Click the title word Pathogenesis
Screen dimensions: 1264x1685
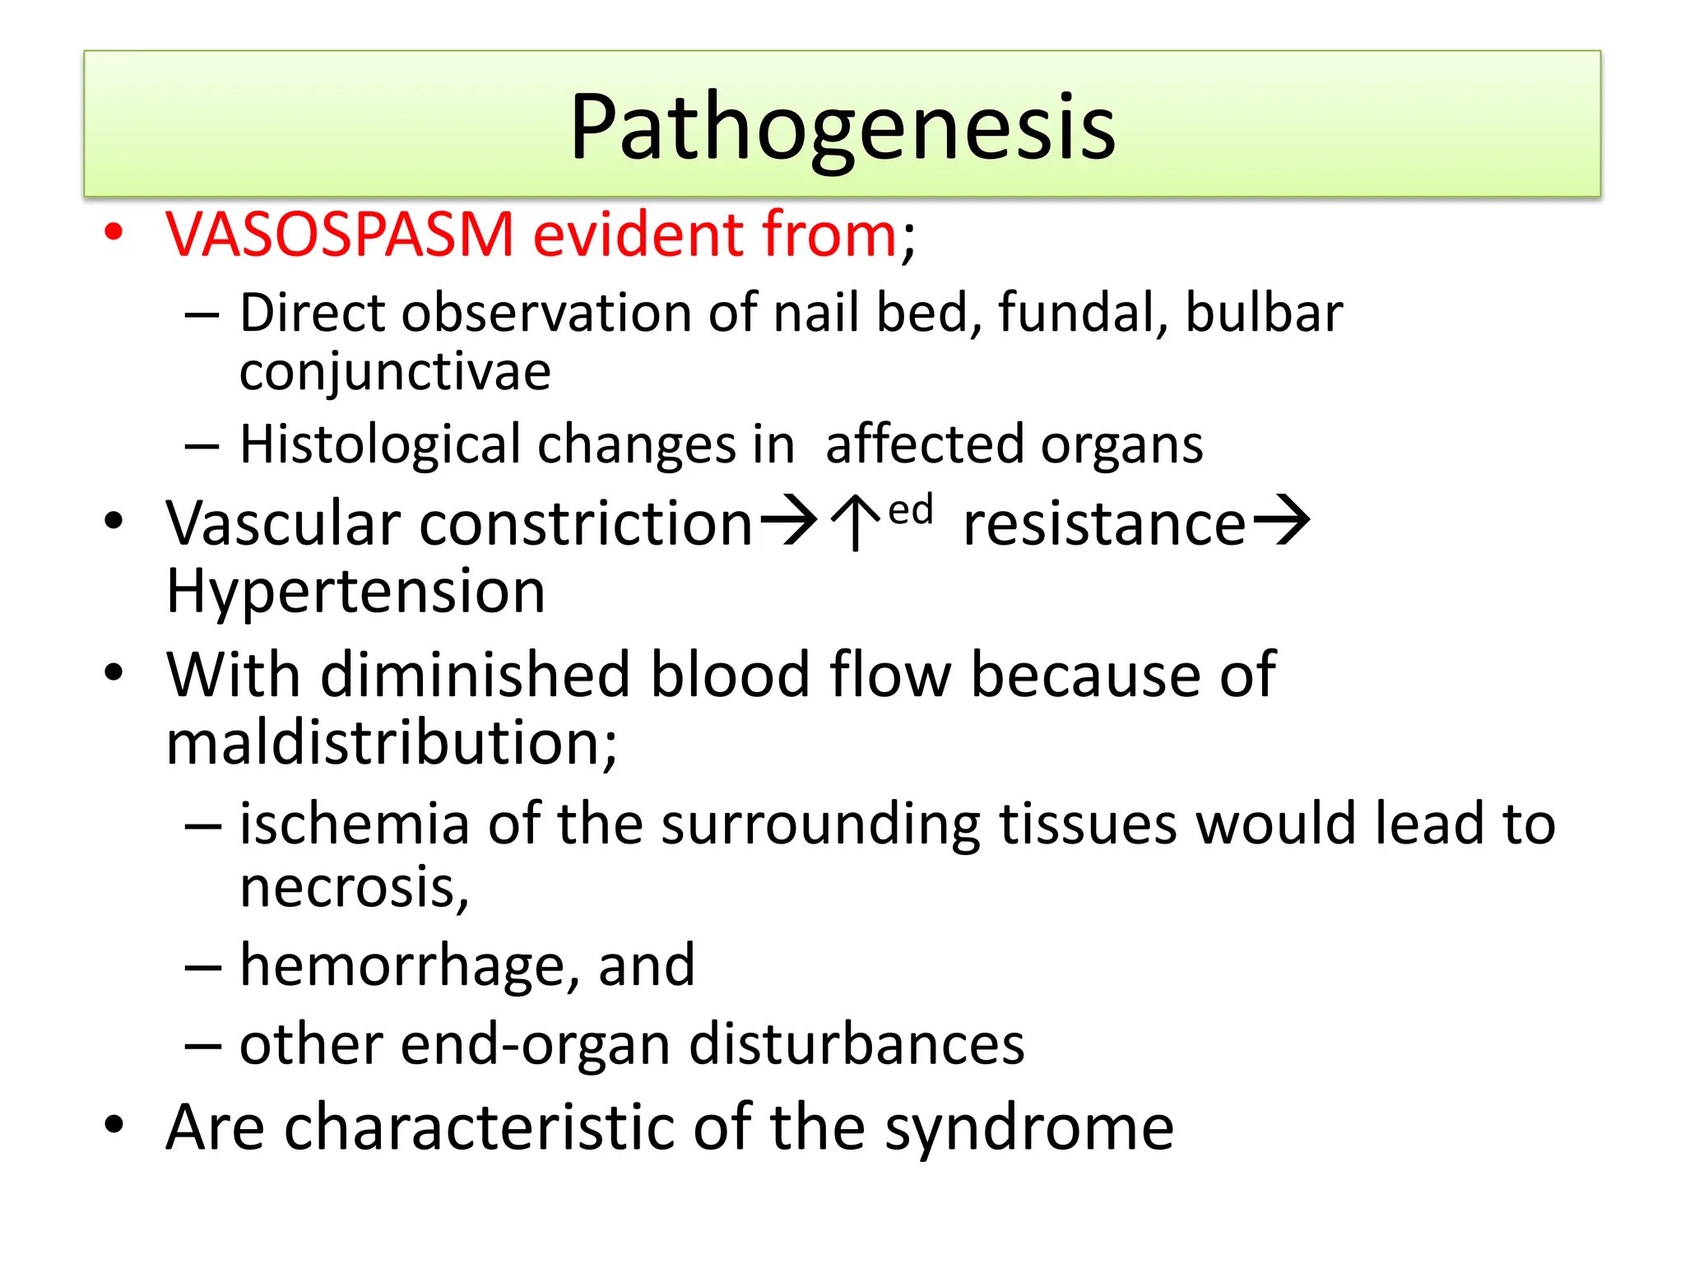[x=842, y=128]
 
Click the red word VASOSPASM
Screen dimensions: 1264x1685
[x=340, y=235]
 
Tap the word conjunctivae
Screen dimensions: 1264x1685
[x=395, y=372]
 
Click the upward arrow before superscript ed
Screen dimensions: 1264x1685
[x=856, y=522]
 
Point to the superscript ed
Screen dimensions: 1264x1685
[x=911, y=510]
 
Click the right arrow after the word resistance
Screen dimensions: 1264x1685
[x=1281, y=522]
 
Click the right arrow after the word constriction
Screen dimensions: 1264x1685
[x=788, y=522]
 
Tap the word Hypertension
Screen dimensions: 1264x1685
[x=355, y=591]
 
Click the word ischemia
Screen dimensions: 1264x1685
[x=354, y=824]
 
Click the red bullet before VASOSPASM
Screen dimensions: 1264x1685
[x=114, y=233]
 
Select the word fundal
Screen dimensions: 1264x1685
[x=1074, y=314]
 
